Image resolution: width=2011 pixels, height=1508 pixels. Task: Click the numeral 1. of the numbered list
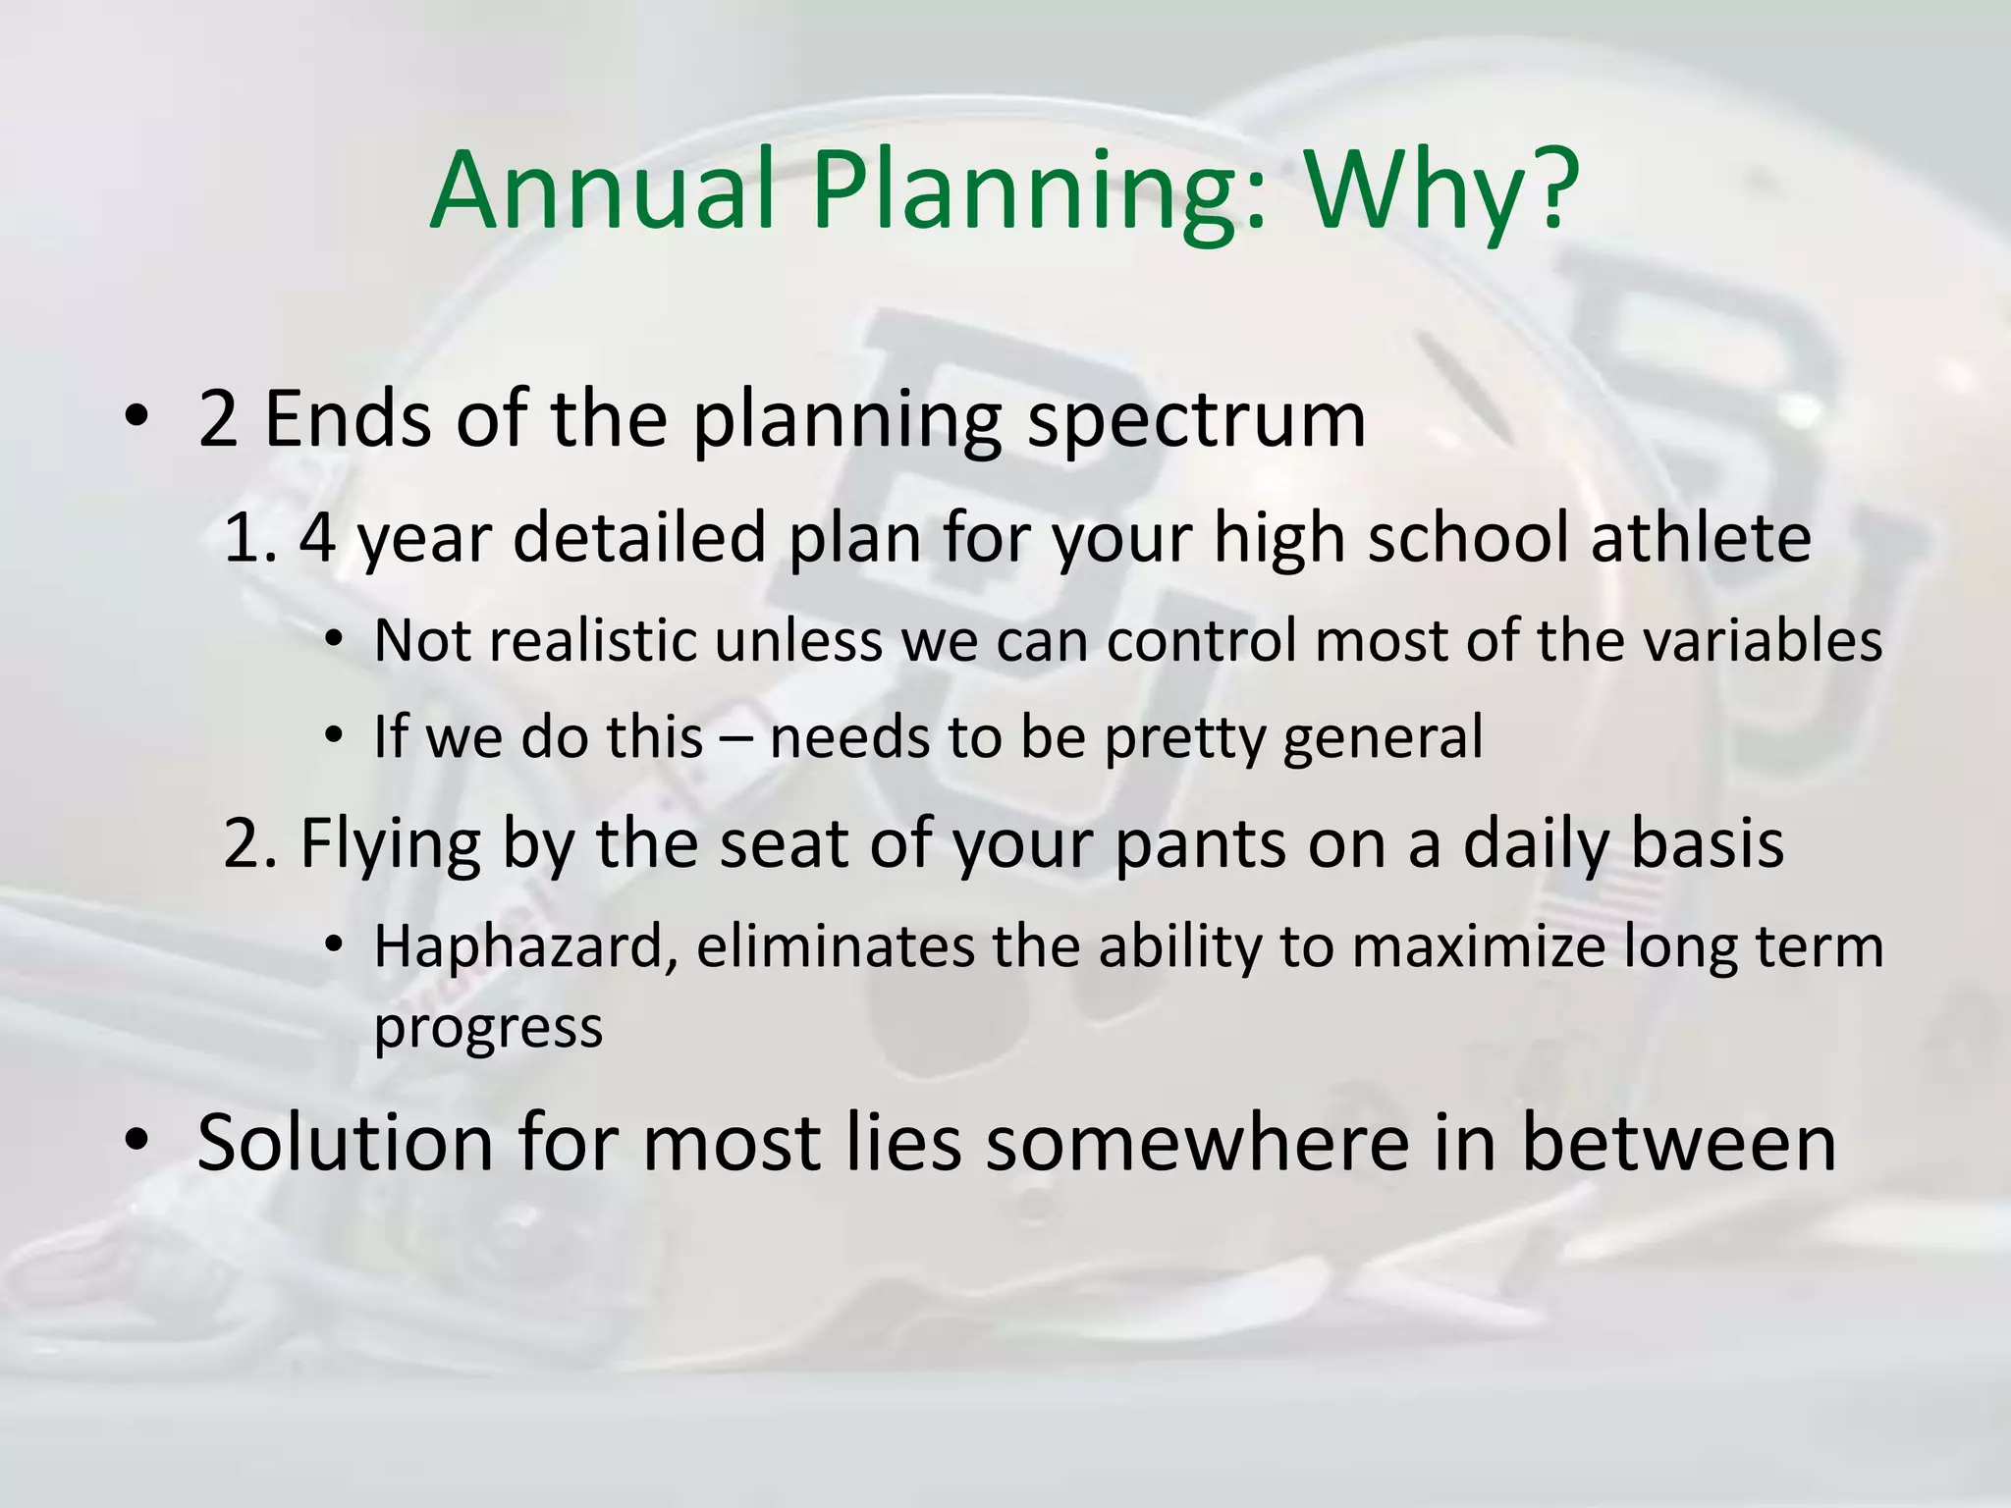click(251, 538)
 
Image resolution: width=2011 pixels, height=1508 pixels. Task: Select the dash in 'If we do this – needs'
click(736, 738)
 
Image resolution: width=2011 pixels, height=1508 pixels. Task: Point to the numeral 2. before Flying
click(251, 843)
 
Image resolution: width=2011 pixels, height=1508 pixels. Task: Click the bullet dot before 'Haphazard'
click(334, 945)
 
